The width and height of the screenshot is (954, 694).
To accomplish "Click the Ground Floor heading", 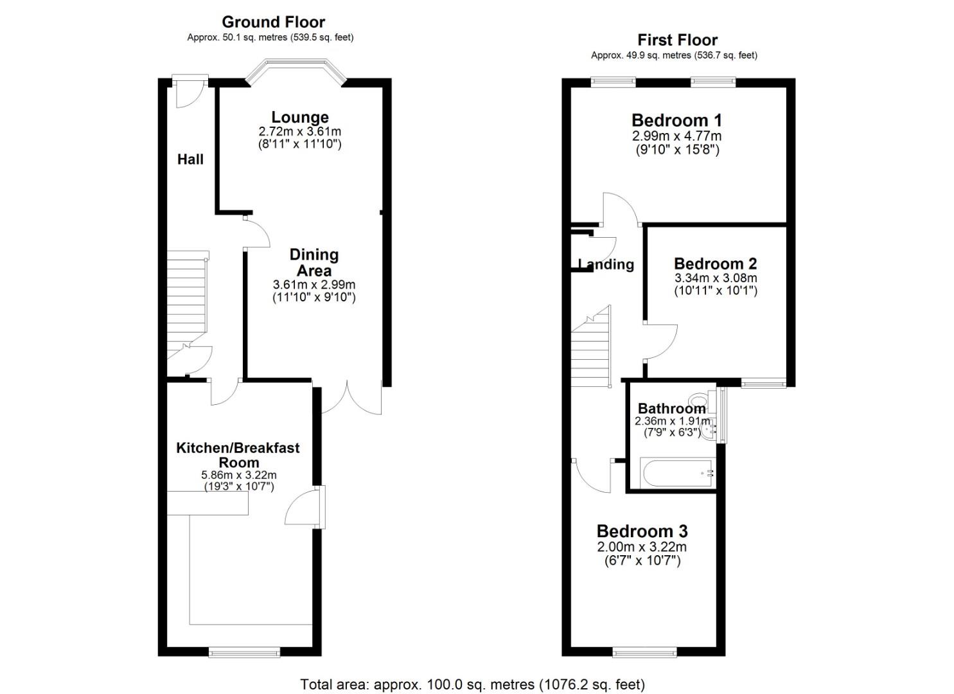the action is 274,22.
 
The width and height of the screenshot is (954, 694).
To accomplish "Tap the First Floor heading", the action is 677,40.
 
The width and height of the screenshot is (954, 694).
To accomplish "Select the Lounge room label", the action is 300,117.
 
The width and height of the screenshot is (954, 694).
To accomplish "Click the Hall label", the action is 190,159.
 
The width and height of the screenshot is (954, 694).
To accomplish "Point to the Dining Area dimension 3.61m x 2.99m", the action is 314,284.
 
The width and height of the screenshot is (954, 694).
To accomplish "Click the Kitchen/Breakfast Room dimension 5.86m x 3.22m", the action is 239,475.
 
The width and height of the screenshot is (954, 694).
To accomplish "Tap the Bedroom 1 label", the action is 676,121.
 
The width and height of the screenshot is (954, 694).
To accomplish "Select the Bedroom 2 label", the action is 716,263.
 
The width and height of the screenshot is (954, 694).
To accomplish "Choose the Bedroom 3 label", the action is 642,531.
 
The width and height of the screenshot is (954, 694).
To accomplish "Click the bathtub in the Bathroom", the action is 677,473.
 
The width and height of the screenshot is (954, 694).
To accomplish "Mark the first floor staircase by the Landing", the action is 591,347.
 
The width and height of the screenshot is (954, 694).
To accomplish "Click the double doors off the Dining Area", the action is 347,398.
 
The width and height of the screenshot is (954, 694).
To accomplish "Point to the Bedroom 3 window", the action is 644,652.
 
